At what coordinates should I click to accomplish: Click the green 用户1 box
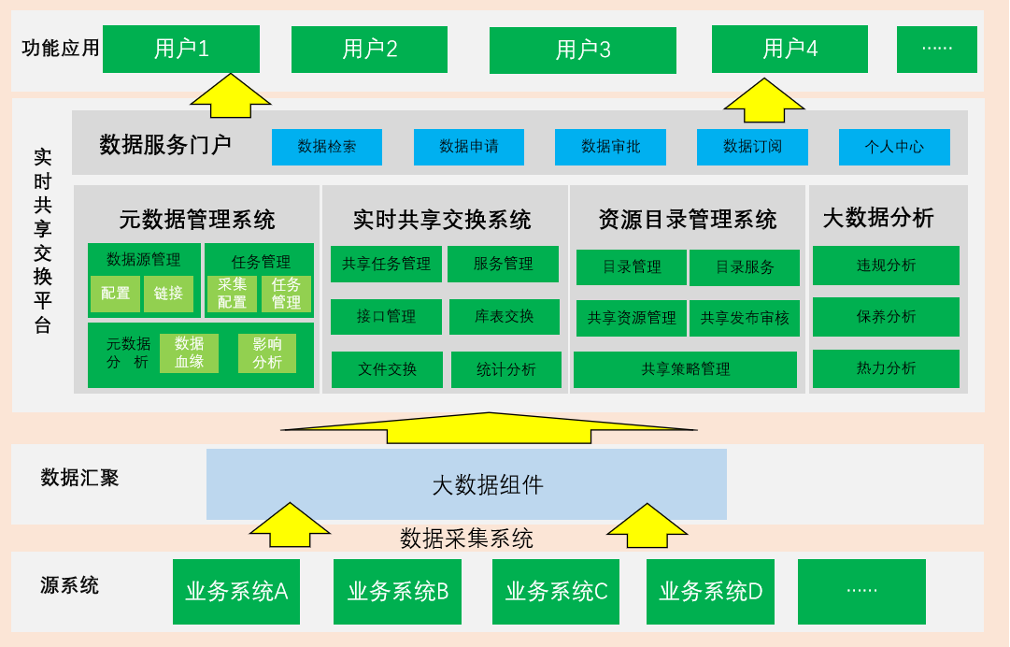[181, 49]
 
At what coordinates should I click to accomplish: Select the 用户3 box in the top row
[582, 50]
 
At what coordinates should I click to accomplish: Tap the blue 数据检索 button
[327, 147]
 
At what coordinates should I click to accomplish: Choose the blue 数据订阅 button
[752, 147]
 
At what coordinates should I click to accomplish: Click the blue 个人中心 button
[894, 147]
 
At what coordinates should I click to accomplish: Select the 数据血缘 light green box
[189, 352]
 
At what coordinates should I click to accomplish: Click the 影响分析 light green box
[267, 352]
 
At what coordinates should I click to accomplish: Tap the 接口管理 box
[387, 317]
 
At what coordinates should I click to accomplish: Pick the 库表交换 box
[505, 317]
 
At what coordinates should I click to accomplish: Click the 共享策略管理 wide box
[685, 369]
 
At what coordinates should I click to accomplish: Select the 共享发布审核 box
[745, 318]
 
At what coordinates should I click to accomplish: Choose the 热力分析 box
[886, 368]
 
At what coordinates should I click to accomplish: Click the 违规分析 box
[886, 266]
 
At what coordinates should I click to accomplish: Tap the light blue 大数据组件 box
[466, 484]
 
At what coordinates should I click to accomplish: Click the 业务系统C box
[556, 592]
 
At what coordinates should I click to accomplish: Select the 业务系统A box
[236, 592]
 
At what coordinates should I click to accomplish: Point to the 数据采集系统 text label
[466, 539]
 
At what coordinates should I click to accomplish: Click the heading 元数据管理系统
[197, 221]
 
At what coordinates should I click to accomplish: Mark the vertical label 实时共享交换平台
[42, 240]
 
